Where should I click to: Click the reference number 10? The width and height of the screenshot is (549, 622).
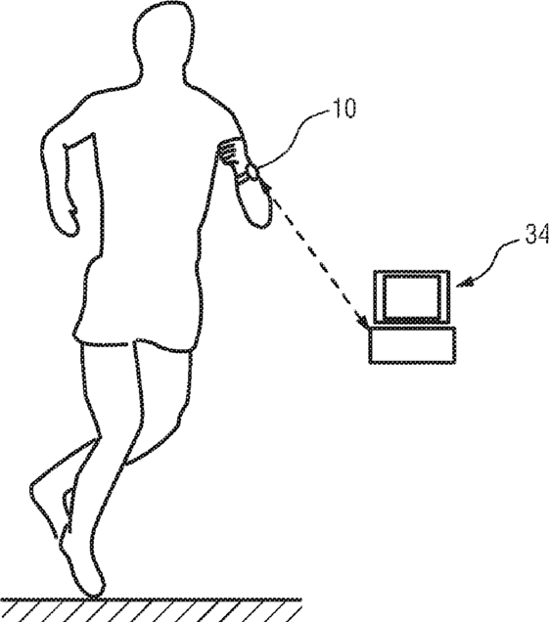pos(344,108)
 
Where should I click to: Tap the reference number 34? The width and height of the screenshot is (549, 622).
pos(537,234)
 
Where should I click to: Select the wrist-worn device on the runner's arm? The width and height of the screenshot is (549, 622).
pos(250,174)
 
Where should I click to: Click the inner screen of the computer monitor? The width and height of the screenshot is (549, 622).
pos(411,296)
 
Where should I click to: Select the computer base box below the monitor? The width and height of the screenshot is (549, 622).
pos(412,344)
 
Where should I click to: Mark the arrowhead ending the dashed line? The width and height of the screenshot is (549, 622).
pos(362,322)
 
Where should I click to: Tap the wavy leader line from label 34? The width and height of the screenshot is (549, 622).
pos(492,260)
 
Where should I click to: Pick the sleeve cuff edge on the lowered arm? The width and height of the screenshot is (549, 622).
pos(80,141)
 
